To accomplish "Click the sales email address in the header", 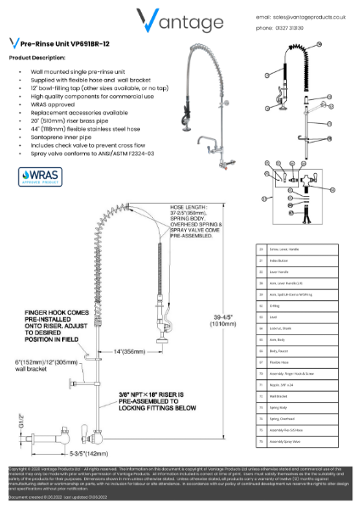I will pos(312,15).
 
